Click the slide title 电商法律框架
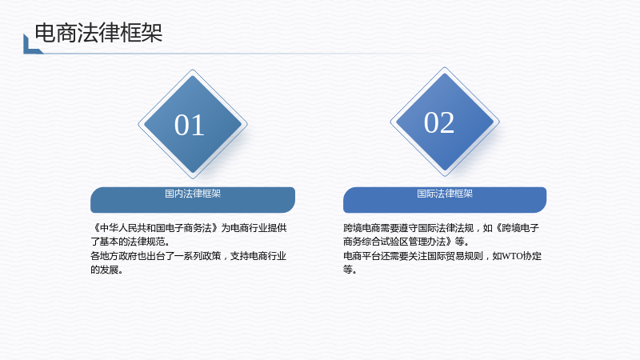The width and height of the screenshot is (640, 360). [98, 33]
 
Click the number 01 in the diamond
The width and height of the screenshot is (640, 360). [190, 125]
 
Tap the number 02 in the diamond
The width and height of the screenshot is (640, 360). [438, 122]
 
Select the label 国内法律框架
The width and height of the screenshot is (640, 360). [193, 194]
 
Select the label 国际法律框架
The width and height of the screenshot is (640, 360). [445, 194]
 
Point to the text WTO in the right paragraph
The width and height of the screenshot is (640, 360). [512, 256]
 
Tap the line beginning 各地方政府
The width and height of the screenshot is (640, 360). [188, 256]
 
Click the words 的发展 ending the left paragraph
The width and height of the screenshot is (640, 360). [105, 270]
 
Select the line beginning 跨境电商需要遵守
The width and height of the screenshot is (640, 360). [441, 228]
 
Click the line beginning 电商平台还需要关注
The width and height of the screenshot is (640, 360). [442, 256]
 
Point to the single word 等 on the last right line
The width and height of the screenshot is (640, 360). [348, 270]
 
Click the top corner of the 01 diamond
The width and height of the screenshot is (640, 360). [193, 70]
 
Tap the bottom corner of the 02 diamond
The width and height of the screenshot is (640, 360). [445, 176]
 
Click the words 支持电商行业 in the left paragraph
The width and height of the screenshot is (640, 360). [258, 256]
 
